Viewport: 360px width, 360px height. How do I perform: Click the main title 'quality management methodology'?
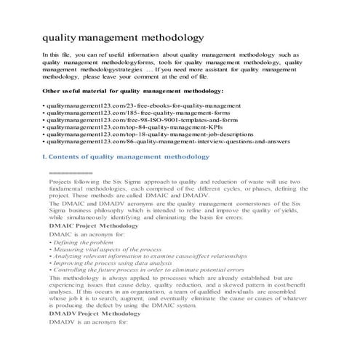[x=123, y=36]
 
